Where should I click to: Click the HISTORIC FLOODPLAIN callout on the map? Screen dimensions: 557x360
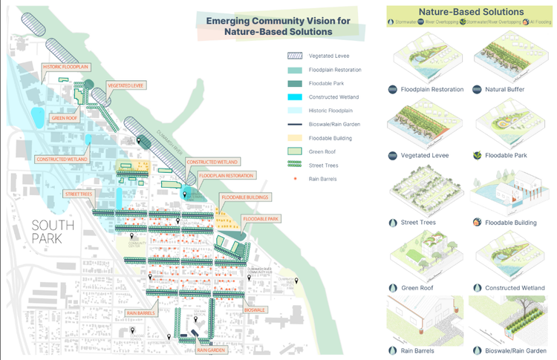pos(66,68)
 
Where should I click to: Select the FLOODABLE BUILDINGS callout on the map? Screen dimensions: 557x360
pos(244,197)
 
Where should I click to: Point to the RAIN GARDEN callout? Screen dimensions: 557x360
pos(211,350)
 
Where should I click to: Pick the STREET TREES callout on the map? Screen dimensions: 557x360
pos(78,194)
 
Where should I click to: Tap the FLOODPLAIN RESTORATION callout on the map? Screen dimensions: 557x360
pos(226,176)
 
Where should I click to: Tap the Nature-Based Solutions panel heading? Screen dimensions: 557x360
pos(471,13)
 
